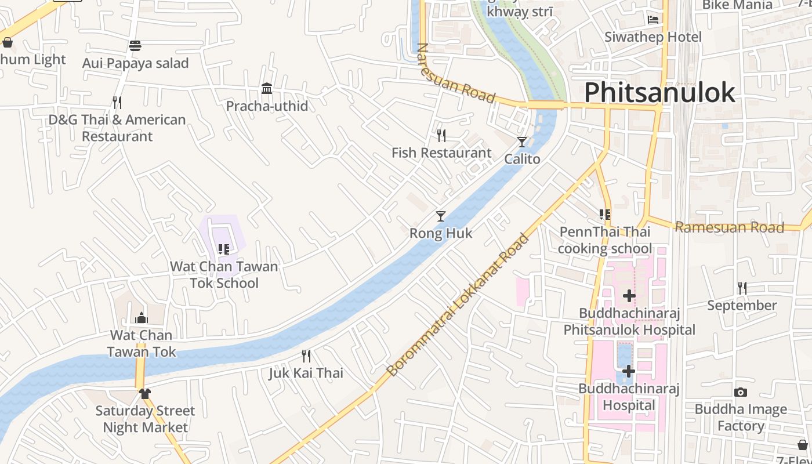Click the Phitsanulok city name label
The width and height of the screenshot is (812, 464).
(x=659, y=93)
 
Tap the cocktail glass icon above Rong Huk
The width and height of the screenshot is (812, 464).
(x=441, y=216)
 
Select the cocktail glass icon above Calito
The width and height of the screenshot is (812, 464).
(x=522, y=142)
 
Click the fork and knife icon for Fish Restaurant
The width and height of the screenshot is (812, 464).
(x=441, y=136)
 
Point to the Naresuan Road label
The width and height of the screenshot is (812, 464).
(x=455, y=74)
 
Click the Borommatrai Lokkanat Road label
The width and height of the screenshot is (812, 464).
(x=458, y=305)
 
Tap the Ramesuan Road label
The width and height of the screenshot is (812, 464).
(x=729, y=227)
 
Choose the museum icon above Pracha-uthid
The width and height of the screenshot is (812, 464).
(x=267, y=88)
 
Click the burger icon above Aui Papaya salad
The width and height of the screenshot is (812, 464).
(x=135, y=45)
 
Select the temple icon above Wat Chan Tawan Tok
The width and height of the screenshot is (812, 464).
(x=141, y=318)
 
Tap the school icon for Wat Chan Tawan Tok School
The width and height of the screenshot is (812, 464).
(x=224, y=249)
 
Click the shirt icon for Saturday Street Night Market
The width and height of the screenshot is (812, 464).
(x=145, y=394)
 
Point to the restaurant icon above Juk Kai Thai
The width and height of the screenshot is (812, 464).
(x=306, y=356)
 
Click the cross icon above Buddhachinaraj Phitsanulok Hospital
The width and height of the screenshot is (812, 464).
(x=629, y=296)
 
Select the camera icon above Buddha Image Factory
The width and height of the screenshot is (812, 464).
(x=740, y=393)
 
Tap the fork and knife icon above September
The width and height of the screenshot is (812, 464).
(x=741, y=288)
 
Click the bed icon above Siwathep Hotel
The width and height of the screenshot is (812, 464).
(x=653, y=20)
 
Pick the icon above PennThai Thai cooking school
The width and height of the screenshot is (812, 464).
(x=605, y=215)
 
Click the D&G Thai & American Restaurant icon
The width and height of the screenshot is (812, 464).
(x=117, y=103)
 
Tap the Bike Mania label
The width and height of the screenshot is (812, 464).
(x=737, y=5)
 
